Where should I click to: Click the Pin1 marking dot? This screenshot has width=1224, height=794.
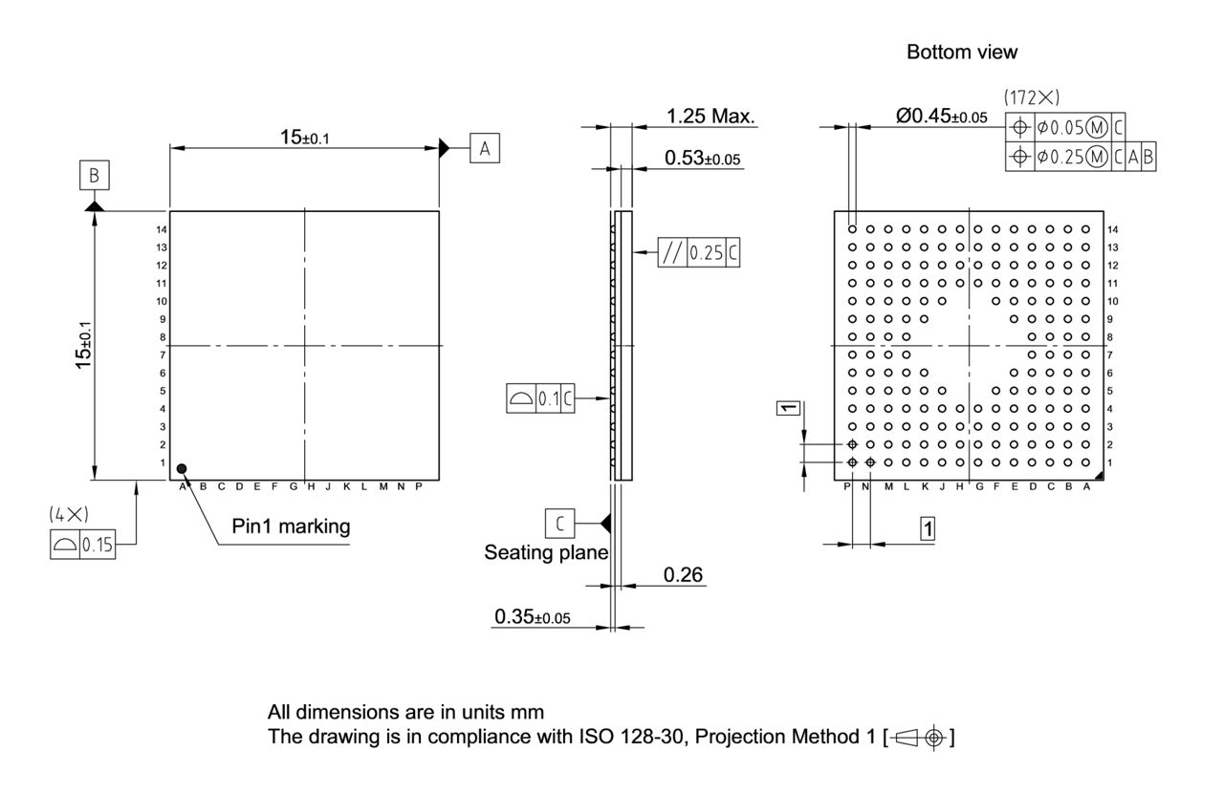coord(182,468)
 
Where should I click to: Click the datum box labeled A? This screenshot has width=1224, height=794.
coord(485,148)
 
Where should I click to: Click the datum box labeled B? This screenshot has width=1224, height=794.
coord(94,175)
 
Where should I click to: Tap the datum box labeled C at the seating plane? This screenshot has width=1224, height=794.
coord(559,523)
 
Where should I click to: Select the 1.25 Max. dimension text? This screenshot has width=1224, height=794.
coord(711,118)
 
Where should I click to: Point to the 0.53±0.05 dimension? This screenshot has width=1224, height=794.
coord(702,158)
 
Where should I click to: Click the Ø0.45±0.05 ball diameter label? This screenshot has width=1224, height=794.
coord(941,117)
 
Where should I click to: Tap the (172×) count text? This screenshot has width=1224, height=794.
coord(1032,98)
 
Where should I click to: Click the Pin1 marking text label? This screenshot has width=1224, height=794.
coord(291,526)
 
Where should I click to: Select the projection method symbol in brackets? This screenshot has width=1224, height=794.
coord(924,739)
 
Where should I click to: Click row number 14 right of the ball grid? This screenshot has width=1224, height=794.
coord(1112,230)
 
